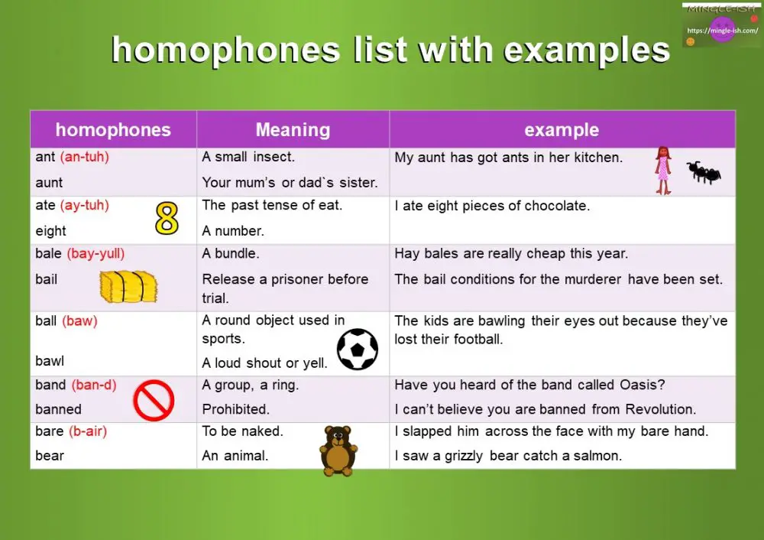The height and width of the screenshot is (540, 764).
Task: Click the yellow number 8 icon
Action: click(x=167, y=218)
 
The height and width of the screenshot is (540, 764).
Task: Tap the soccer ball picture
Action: click(x=358, y=349)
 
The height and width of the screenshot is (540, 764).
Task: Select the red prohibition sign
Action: click(x=154, y=400)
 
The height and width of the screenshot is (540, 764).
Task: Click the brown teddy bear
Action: click(x=337, y=450)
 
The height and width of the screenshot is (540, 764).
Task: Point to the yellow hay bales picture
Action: click(x=128, y=287)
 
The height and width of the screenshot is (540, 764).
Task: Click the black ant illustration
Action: click(x=704, y=173)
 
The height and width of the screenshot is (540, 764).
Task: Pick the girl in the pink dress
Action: click(x=662, y=170)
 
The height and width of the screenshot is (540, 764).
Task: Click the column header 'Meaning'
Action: click(x=293, y=130)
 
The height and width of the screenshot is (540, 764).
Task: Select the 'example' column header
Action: click(x=562, y=130)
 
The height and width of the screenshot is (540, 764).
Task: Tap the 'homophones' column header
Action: click(x=113, y=130)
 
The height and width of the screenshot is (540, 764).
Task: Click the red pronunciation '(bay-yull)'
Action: click(x=95, y=254)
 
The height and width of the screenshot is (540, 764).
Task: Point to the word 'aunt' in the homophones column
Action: click(x=49, y=183)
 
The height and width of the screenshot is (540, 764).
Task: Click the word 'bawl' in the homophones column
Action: click(x=50, y=360)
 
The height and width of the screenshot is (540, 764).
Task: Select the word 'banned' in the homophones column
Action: click(x=58, y=409)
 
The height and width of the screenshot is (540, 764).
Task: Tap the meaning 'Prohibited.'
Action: click(x=235, y=409)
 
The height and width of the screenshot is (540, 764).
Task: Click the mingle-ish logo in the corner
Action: click(x=721, y=26)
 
